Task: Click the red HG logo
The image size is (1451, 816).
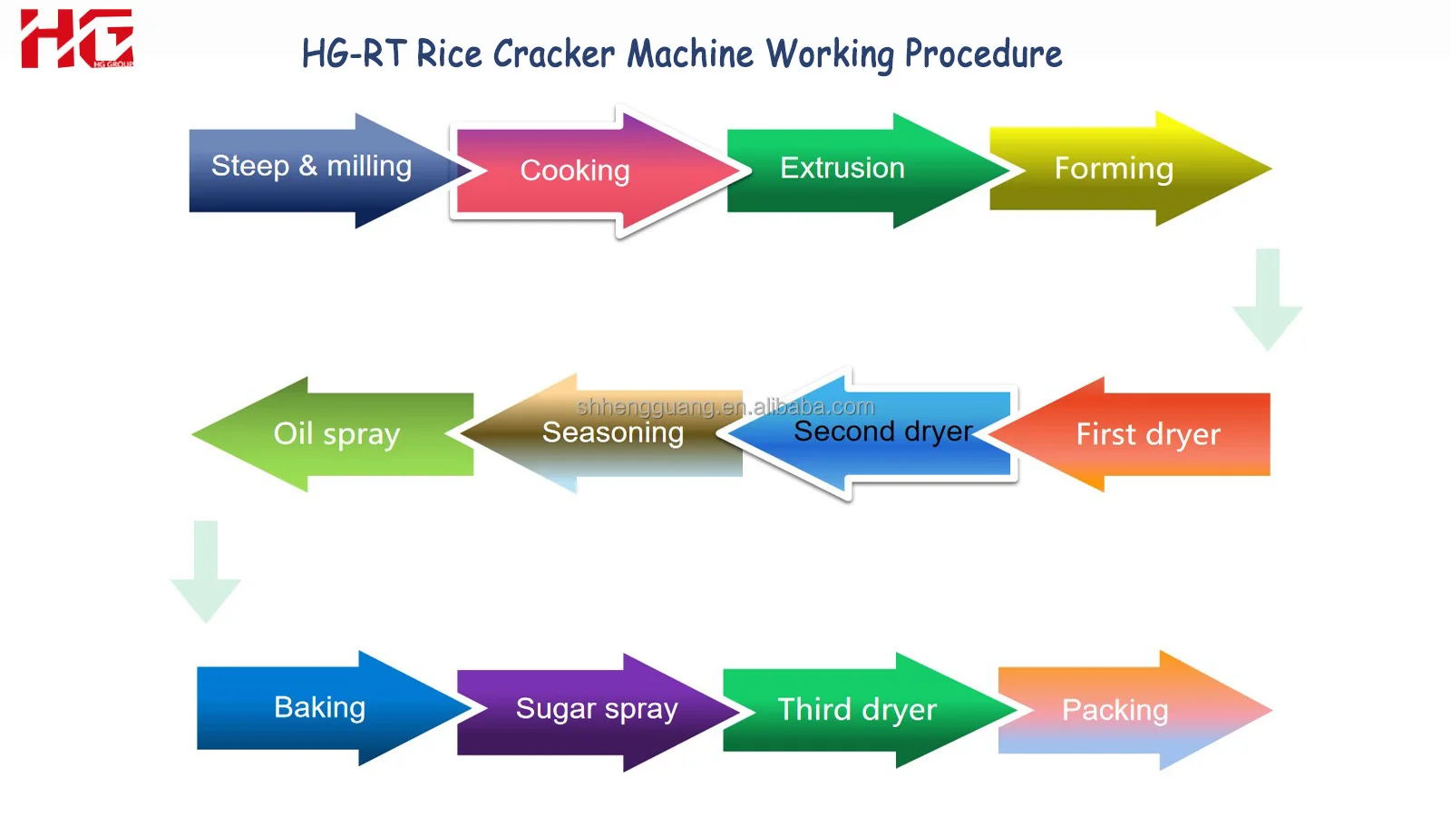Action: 76,39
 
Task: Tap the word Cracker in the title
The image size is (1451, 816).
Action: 553,54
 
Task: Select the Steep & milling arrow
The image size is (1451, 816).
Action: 311,168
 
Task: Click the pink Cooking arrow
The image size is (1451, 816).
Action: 575,170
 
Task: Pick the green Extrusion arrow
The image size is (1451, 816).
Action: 842,169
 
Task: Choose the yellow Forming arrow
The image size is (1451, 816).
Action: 1114,170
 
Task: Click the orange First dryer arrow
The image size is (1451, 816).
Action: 1148,434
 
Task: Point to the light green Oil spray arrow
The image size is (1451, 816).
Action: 336,434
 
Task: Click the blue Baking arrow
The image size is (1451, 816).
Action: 319,707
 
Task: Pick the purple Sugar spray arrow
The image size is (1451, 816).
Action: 596,709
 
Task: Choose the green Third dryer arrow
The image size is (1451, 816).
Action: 856,710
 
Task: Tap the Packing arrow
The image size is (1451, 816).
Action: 1115,710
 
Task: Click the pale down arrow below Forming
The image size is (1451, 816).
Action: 1267,299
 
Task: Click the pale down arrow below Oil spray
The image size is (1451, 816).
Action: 206,571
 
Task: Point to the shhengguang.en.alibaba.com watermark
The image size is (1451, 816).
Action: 725,406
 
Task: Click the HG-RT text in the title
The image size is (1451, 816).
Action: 354,54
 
